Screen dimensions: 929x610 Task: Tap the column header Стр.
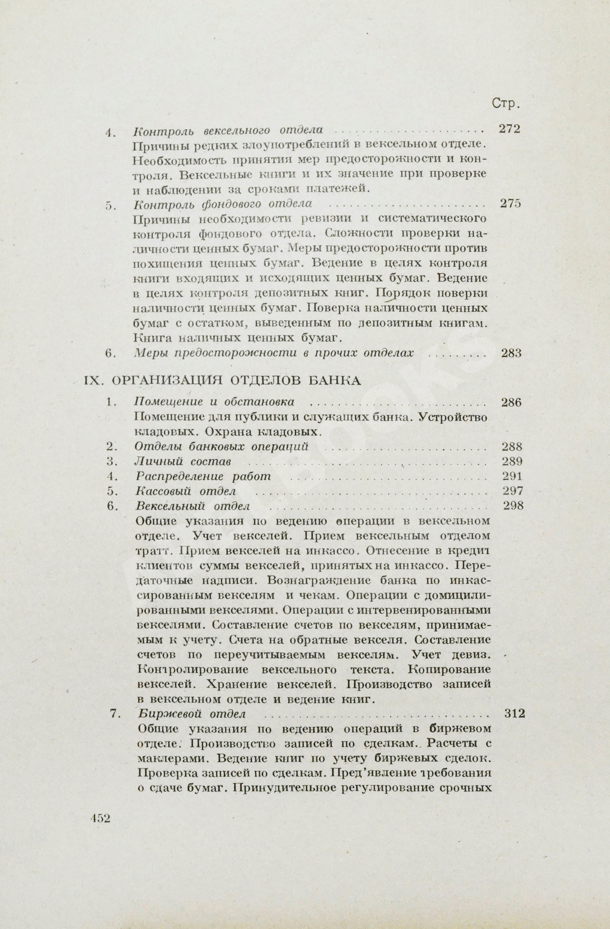(x=506, y=103)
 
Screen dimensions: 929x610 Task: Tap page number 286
(x=511, y=402)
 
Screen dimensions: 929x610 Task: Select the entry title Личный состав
(x=183, y=462)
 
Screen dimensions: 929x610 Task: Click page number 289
(x=512, y=462)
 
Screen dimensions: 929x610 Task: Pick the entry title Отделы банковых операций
(x=222, y=447)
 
